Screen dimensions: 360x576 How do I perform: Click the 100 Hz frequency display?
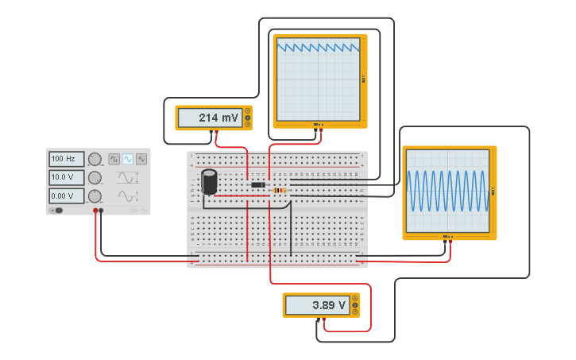coord(67,159)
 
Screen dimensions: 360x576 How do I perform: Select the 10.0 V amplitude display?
coord(67,177)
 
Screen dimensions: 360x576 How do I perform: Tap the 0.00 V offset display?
coord(67,195)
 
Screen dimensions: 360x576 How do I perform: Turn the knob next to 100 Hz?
coord(95,159)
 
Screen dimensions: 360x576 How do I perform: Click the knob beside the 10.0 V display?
coord(95,177)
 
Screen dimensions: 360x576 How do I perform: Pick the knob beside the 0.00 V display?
coord(95,195)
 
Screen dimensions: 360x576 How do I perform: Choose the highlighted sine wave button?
coord(128,159)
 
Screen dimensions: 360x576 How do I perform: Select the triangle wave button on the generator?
coord(141,159)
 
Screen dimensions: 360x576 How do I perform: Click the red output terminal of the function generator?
coord(95,211)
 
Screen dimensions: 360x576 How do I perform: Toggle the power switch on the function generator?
coord(57,211)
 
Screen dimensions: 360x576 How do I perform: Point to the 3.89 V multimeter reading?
coord(317,305)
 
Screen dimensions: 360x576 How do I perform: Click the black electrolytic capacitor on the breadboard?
coord(209,181)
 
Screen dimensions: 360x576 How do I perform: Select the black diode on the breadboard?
coord(258,185)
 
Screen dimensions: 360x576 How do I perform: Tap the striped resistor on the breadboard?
coord(279,190)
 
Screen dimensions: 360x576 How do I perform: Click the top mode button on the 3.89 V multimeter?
coord(355,298)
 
